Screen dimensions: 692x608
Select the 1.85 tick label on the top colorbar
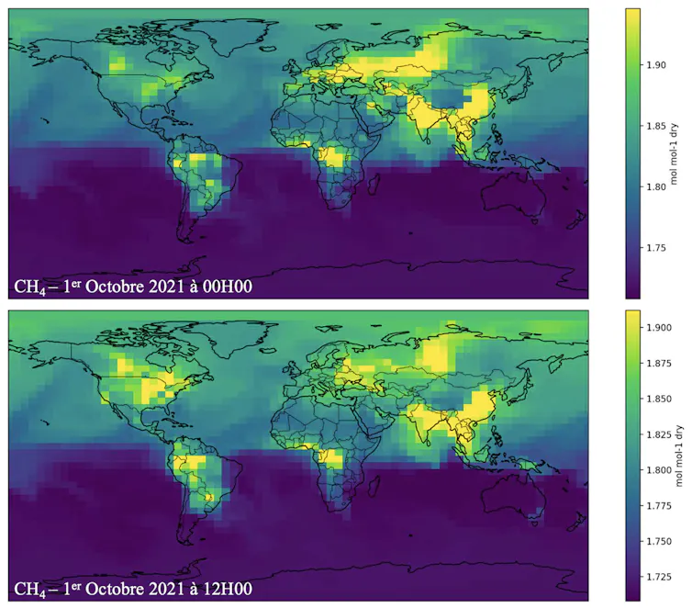(656, 126)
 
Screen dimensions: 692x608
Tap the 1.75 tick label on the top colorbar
(656, 248)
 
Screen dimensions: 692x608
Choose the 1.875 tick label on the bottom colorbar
(659, 364)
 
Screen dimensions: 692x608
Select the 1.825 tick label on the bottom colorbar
(659, 435)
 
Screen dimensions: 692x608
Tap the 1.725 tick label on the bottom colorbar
(659, 577)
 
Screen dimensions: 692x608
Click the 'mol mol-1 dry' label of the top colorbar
(674, 153)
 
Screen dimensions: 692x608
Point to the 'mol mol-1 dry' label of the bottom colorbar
(678, 456)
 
